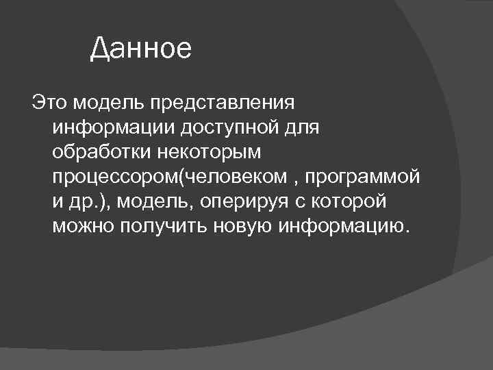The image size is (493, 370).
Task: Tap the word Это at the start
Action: (x=48, y=103)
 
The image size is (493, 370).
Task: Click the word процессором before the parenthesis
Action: (x=114, y=177)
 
